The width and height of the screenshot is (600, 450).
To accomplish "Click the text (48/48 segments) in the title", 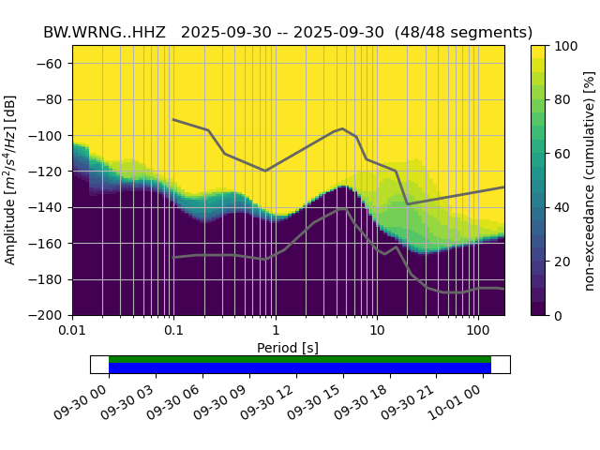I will (463, 32).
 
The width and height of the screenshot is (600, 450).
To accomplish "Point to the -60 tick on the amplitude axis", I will (52, 64).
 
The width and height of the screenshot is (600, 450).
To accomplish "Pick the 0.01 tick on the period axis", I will (72, 331).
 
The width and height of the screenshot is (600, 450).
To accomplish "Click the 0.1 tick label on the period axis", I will (173, 331).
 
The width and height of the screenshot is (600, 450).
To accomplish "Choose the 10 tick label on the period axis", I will (376, 331).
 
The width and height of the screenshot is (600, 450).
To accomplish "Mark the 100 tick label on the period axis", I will (478, 331).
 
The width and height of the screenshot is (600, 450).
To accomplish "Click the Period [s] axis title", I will (288, 348).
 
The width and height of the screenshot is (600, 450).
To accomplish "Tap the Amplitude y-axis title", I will (11, 180).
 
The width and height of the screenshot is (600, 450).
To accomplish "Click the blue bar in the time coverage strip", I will (300, 368).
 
